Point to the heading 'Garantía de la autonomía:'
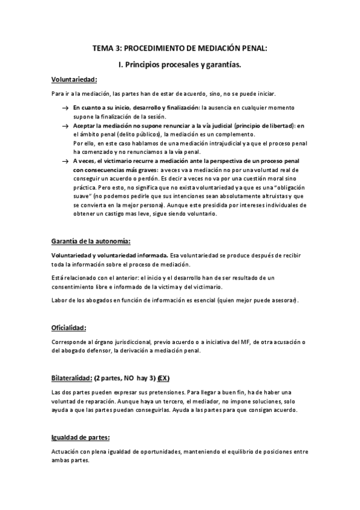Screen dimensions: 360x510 pyautogui.click(x=90, y=241)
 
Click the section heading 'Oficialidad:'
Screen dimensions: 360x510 pyautogui.click(x=69, y=328)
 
